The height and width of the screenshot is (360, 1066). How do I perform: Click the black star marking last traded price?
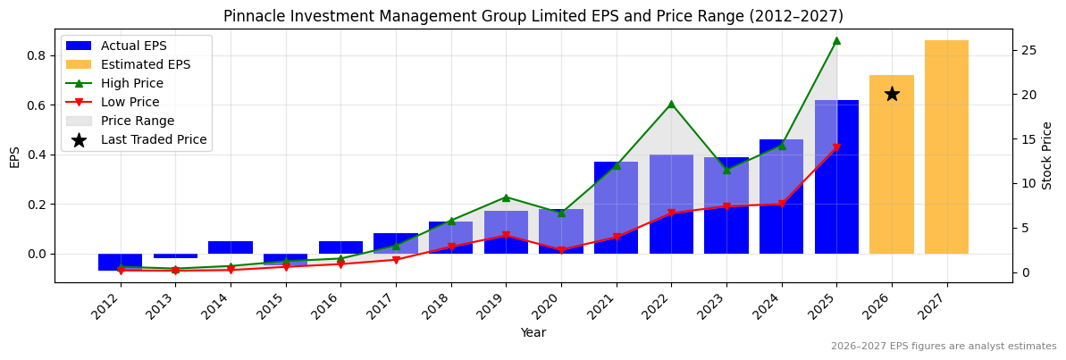pyautogui.click(x=892, y=94)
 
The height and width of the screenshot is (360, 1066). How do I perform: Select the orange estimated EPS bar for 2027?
pyautogui.click(x=946, y=147)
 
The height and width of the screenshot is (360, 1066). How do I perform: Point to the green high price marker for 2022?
pyautogui.click(x=671, y=105)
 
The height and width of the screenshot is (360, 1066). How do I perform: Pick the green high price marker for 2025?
pyautogui.click(x=836, y=40)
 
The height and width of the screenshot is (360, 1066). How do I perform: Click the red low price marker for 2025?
pyautogui.click(x=836, y=147)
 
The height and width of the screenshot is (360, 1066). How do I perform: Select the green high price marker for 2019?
pyautogui.click(x=506, y=197)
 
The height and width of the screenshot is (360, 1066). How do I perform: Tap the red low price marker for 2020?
pyautogui.click(x=561, y=250)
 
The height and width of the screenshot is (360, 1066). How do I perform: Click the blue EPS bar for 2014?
pyautogui.click(x=231, y=247)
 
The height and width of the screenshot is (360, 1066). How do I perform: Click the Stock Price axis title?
pyautogui.click(x=1047, y=155)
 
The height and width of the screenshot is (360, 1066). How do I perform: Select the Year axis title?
pyautogui.click(x=533, y=332)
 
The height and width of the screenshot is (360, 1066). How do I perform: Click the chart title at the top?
pyautogui.click(x=533, y=16)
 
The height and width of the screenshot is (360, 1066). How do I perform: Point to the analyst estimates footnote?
pyautogui.click(x=944, y=347)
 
